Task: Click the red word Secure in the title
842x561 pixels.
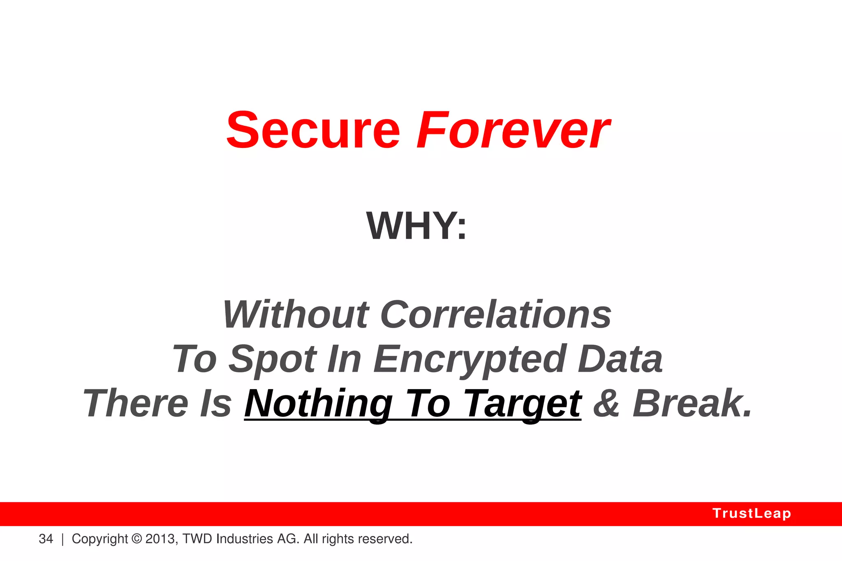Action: (x=313, y=131)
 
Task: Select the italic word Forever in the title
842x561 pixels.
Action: (x=513, y=131)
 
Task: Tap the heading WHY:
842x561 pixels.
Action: (x=416, y=226)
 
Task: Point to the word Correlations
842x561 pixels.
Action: (x=496, y=314)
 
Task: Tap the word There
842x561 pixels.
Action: (x=136, y=404)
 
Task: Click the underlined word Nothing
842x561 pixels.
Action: (x=319, y=404)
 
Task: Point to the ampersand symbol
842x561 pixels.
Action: (x=606, y=404)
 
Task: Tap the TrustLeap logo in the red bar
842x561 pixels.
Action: (x=752, y=513)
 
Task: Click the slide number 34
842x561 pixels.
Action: (x=46, y=539)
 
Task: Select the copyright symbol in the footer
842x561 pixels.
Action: (x=136, y=539)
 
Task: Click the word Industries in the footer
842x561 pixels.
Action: (x=244, y=539)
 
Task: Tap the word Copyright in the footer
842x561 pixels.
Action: (x=99, y=539)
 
